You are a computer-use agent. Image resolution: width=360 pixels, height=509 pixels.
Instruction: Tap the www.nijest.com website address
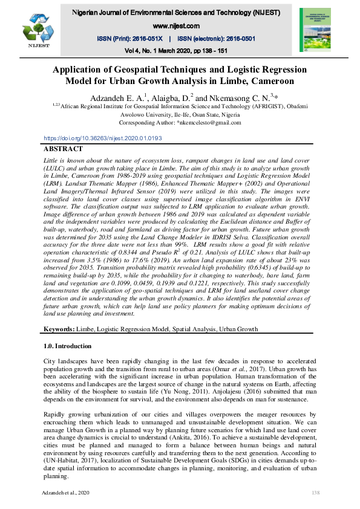coord(177,26)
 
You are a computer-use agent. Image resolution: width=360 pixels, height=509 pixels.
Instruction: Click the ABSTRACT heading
coord(64,149)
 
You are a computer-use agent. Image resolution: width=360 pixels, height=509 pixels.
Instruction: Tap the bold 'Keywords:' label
coord(59,329)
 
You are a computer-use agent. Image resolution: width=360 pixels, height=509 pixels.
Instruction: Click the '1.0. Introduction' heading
coord(68,346)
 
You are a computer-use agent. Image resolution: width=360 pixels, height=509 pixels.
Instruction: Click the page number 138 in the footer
coord(315,494)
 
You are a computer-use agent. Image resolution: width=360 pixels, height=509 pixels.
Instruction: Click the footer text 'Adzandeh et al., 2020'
coord(68,494)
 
